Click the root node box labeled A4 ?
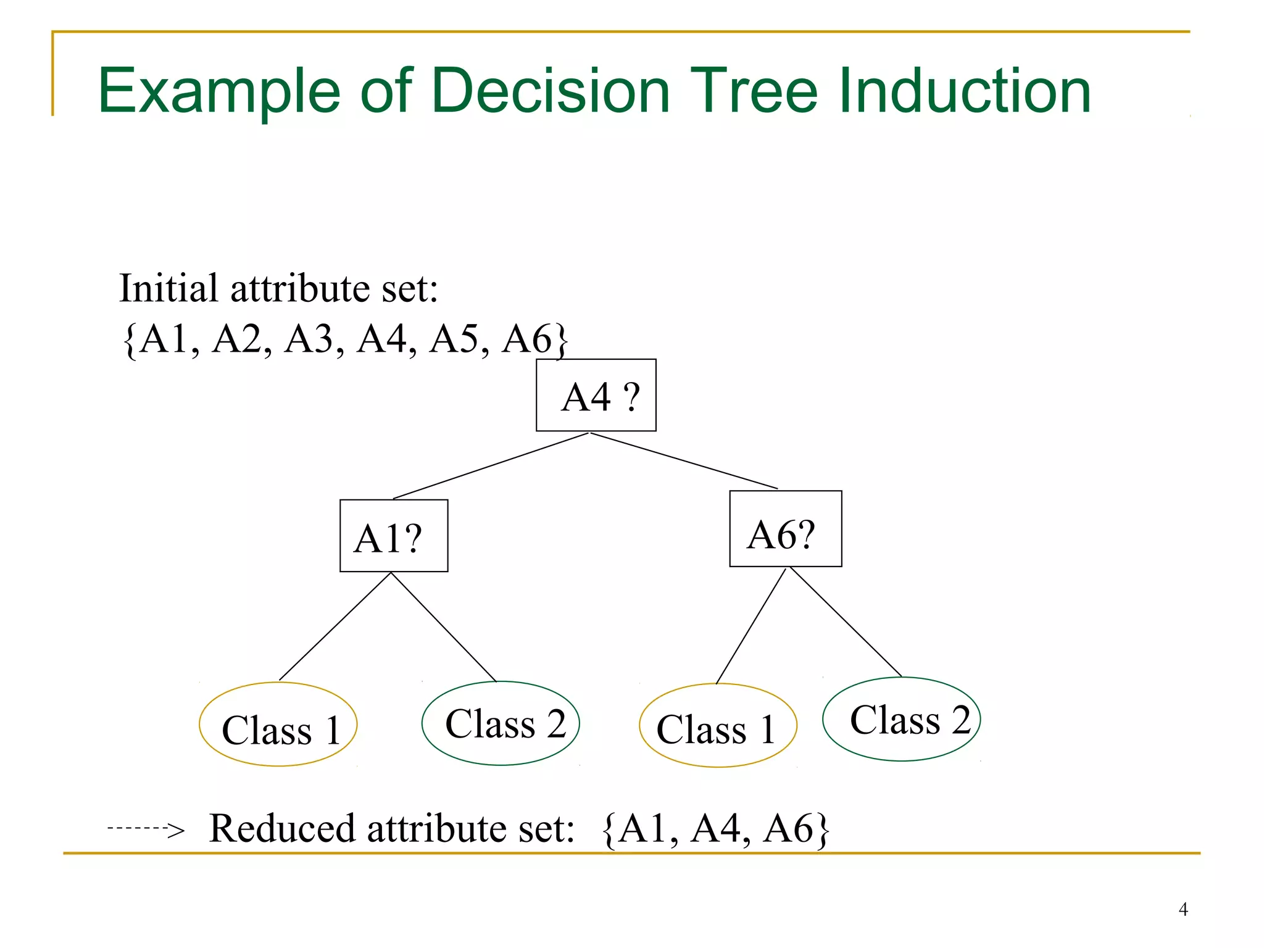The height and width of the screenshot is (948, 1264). point(596,395)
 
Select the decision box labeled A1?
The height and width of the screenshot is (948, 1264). point(394,536)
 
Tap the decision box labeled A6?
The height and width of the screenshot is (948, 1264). point(785,529)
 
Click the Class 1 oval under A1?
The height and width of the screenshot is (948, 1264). point(278,725)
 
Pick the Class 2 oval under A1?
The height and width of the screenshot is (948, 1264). point(501,723)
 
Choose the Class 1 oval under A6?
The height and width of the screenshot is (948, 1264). point(718,726)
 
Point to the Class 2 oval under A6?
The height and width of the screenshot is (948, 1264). point(901,720)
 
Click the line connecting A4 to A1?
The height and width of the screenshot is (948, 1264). point(491,466)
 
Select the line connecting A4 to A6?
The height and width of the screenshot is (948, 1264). point(684,461)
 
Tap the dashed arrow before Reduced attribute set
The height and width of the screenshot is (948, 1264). point(146,829)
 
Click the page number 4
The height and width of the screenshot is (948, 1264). point(1183,909)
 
